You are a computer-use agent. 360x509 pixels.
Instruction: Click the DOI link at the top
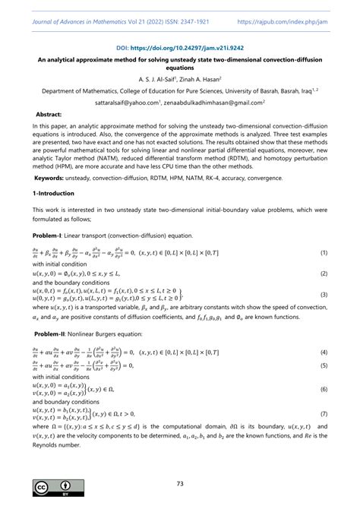pos(180,46)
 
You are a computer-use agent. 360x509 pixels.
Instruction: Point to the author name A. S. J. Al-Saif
pos(158,78)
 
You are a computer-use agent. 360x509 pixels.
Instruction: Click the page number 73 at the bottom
pos(180,483)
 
